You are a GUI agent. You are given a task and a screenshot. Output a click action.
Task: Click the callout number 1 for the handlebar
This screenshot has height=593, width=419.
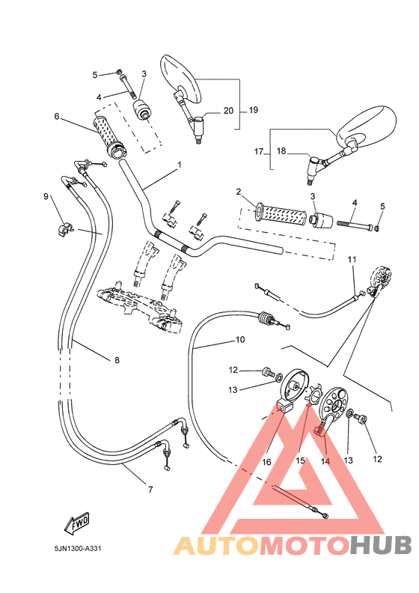179,165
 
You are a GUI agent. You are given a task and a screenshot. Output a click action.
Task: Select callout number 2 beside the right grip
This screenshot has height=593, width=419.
238,192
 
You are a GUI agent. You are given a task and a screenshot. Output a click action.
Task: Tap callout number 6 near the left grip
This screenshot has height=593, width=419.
56,116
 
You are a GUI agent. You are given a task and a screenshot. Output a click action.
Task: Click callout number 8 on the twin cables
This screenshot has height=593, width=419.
117,360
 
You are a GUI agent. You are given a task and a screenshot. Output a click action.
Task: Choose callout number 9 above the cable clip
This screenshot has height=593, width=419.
46,196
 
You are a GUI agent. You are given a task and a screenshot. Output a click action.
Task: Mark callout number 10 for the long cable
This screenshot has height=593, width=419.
240,339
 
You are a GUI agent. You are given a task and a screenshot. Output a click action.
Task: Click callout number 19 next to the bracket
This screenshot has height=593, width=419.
253,110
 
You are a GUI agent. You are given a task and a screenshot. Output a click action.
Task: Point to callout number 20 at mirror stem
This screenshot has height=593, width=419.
229,110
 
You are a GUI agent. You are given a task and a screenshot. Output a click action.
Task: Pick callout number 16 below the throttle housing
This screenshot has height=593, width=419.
266,463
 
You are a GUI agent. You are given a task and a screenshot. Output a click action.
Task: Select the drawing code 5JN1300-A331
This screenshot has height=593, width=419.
78,548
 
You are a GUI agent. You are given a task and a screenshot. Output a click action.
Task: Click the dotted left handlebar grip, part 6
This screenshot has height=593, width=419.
108,135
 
